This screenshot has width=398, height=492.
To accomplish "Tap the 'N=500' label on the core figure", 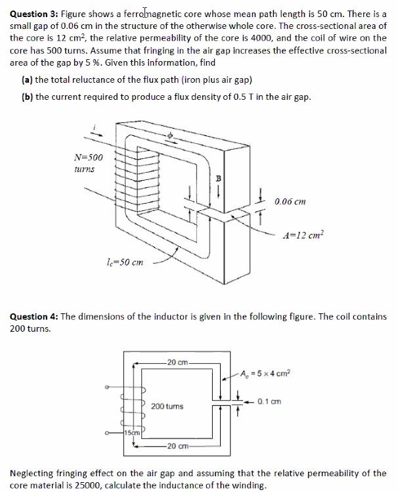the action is click(x=89, y=157).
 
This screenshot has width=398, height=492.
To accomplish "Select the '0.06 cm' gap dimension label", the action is click(x=290, y=201).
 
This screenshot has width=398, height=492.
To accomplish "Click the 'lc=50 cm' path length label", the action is click(x=123, y=262).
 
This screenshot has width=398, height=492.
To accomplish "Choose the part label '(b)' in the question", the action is click(x=29, y=97).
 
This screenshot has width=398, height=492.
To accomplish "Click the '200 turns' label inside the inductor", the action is click(x=167, y=407).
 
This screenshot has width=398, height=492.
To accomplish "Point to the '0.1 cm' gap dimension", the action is click(x=269, y=401).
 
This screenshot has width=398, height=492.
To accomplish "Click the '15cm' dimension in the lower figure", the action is click(x=133, y=432).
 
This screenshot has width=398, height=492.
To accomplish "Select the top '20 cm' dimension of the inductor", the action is click(x=177, y=361).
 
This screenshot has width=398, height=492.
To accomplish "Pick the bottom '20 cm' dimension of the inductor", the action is click(x=177, y=447).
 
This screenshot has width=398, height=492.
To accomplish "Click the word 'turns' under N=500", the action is click(x=83, y=169).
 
